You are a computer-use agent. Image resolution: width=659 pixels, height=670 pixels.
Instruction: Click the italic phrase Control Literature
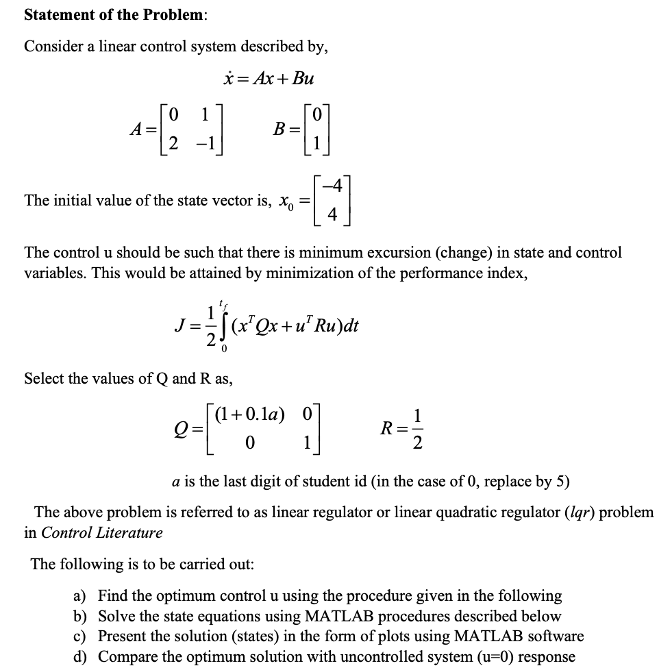click(x=102, y=532)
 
